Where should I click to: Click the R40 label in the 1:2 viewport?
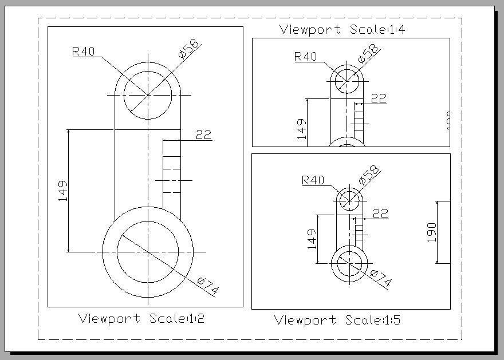click(83, 52)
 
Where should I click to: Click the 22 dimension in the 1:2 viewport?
click(203, 135)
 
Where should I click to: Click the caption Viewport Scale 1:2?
click(141, 319)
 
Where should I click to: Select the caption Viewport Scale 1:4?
click(342, 29)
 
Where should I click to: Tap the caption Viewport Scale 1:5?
click(337, 320)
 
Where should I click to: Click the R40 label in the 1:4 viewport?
click(305, 57)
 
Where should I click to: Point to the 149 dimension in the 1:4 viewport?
click(302, 129)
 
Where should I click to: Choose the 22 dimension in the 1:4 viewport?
click(379, 98)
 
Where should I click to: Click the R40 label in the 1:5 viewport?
click(313, 180)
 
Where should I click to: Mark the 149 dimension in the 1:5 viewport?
click(312, 239)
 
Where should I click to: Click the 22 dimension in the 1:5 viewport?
click(380, 213)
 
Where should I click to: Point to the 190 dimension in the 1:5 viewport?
click(432, 232)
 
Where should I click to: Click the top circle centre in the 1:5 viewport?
click(349, 200)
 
